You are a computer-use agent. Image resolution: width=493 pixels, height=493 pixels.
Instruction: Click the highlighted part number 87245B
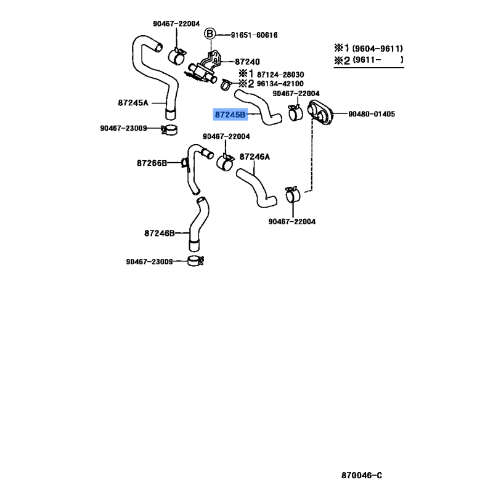230,115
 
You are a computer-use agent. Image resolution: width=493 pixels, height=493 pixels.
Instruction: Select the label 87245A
133,103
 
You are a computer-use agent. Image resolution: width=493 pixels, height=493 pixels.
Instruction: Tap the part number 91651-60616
254,35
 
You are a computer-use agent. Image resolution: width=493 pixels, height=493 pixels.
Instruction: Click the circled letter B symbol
210,34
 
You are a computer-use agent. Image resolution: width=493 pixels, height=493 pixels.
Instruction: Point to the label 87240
248,62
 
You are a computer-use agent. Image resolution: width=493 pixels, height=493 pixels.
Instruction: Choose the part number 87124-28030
280,75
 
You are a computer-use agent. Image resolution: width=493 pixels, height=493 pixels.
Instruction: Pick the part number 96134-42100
280,84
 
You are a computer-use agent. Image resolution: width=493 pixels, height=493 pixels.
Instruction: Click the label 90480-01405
372,114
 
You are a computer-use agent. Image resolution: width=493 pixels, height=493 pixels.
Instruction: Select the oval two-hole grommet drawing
320,113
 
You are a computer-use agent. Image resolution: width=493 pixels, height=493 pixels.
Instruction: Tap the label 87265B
152,163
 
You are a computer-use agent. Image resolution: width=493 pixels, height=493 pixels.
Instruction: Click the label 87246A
255,157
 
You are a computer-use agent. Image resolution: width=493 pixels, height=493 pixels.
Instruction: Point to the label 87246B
160,234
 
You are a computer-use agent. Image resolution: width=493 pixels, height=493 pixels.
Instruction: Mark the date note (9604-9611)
377,49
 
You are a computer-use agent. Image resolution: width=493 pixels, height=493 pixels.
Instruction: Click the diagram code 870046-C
362,475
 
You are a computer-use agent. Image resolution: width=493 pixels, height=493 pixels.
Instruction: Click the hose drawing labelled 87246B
198,224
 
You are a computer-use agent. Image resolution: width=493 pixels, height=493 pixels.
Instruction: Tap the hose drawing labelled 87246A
256,188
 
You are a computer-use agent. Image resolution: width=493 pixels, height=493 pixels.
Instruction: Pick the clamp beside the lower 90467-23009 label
195,261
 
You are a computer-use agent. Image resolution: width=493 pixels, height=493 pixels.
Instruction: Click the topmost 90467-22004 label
176,23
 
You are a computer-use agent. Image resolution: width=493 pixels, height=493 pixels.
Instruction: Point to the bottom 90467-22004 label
292,222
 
